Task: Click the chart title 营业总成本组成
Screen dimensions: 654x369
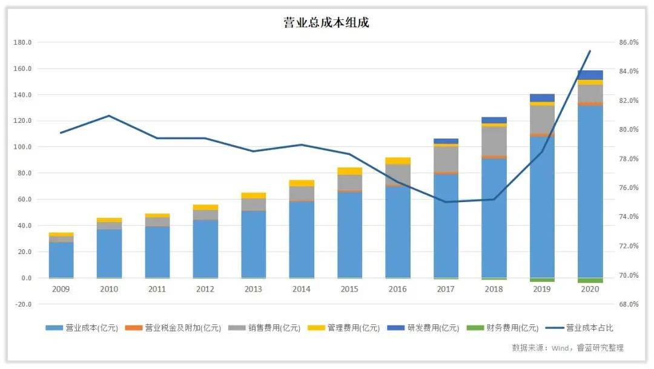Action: [x=326, y=22]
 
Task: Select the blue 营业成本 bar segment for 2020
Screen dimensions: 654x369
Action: [x=590, y=192]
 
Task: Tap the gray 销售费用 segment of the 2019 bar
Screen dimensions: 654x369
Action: [x=542, y=120]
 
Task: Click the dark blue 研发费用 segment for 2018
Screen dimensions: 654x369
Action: [x=494, y=120]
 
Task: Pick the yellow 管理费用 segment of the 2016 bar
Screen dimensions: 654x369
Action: [x=398, y=161]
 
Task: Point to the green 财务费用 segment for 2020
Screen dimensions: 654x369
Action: [x=590, y=280]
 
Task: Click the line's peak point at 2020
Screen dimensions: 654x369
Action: [x=590, y=51]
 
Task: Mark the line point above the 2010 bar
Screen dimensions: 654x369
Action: [x=109, y=116]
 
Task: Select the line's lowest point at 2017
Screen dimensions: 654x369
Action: [x=446, y=202]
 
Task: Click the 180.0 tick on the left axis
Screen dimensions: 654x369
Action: [x=22, y=42]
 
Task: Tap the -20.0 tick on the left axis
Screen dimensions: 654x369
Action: [x=24, y=304]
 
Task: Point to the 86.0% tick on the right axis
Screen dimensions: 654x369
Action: [x=629, y=42]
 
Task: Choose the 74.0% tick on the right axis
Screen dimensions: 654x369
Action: [x=629, y=217]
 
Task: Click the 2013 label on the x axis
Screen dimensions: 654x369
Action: [x=253, y=289]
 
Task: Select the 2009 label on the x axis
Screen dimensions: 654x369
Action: [x=61, y=289]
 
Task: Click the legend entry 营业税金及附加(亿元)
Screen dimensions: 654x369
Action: [x=173, y=328]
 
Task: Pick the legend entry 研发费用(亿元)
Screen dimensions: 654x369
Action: [x=423, y=328]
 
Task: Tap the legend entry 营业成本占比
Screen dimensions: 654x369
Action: [x=579, y=328]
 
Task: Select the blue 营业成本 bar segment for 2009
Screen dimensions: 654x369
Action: [x=61, y=260]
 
